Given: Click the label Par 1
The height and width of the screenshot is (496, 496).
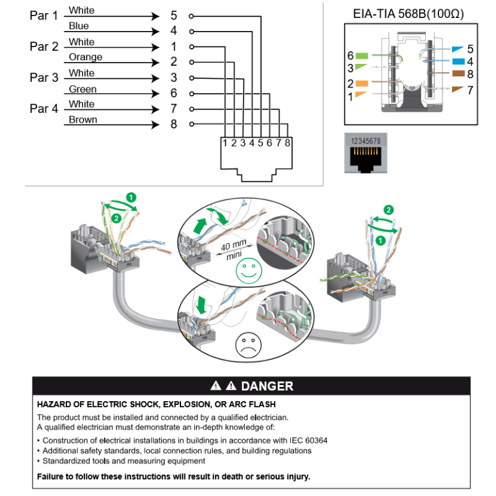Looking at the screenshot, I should point(43,15).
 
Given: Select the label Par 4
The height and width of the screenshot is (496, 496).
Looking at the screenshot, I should point(43,108).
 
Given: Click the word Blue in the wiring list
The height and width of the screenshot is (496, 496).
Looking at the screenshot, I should point(79,26).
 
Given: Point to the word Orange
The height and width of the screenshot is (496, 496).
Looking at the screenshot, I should point(86,57).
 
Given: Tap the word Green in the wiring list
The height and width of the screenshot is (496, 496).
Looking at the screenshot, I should point(82,89).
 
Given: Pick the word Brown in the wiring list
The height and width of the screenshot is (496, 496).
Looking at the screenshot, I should point(82,120).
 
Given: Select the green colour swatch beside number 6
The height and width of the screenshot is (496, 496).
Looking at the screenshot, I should point(362,56).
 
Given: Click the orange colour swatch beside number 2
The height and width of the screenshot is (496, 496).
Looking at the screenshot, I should point(362,83).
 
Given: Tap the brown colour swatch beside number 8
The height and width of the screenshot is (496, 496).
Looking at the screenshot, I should point(458,74).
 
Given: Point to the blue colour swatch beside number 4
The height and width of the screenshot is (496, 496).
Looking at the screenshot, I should point(458,61).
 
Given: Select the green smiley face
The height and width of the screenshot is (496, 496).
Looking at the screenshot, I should point(249,270).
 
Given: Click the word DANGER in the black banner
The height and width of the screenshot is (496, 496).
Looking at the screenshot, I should point(267,386).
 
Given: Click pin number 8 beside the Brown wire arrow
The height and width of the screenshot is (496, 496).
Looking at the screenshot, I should point(174,124).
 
